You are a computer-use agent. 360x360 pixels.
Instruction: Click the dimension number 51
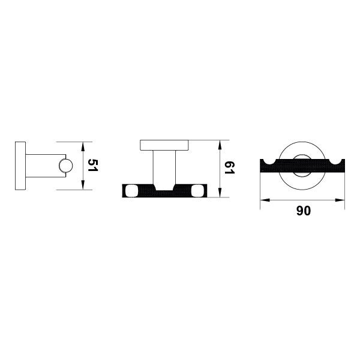tap(93, 165)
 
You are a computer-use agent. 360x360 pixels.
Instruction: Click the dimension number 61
tap(229, 167)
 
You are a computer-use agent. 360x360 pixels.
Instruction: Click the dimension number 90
tap(303, 211)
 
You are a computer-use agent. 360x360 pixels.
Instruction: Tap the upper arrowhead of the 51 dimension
tap(83, 147)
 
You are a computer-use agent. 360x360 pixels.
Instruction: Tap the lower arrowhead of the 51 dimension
tap(83, 185)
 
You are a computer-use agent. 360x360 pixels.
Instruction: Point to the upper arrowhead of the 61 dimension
tap(220, 145)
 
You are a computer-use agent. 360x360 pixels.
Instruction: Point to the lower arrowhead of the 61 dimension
tap(220, 193)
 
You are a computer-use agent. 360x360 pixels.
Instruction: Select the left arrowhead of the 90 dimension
tap(265, 200)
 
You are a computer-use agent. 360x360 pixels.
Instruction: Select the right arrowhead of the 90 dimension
tap(340, 200)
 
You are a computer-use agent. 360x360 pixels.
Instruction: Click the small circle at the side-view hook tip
tap(65, 166)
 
